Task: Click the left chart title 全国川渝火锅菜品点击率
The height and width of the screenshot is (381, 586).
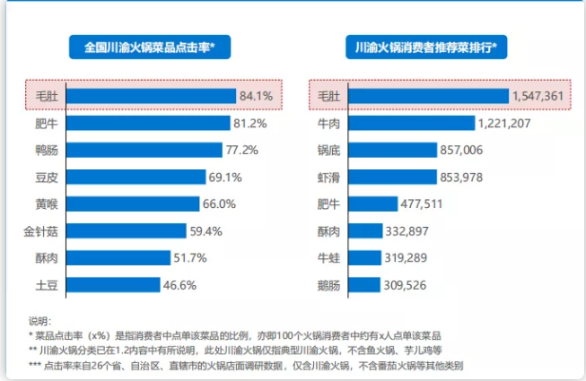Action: click(x=150, y=47)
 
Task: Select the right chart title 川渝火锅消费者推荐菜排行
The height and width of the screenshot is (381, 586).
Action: click(x=426, y=47)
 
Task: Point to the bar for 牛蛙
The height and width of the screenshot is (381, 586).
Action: click(x=364, y=258)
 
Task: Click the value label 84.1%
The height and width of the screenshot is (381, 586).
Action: click(x=255, y=95)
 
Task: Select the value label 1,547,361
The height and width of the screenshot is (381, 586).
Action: click(x=538, y=95)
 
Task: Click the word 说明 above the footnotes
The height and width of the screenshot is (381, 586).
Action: click(x=40, y=320)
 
